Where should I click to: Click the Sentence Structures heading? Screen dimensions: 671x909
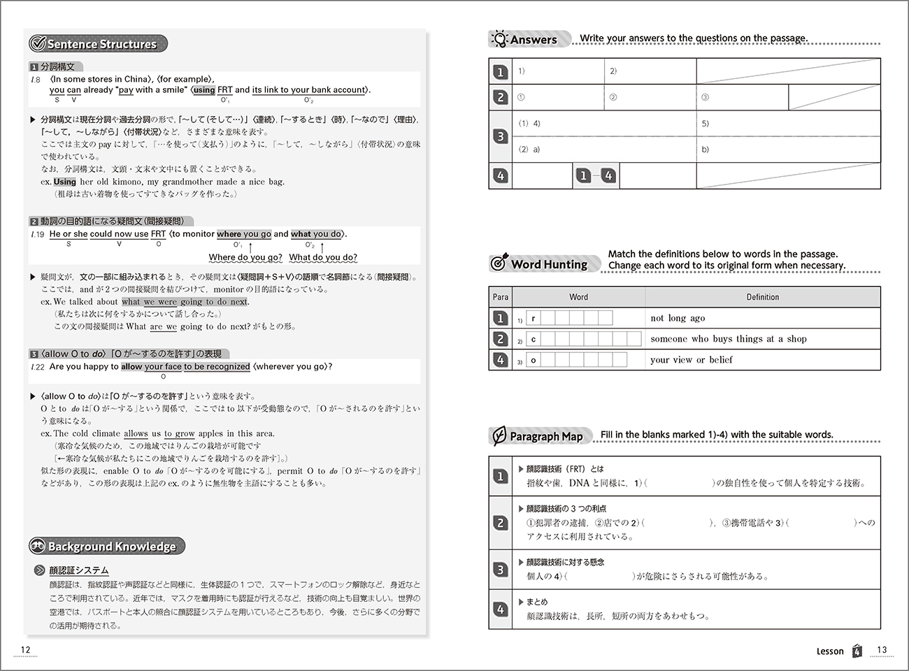tap(101, 44)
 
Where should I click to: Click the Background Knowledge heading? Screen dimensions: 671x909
tap(111, 547)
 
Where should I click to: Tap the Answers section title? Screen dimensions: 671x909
tap(533, 40)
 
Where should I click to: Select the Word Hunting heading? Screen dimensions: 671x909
tap(548, 264)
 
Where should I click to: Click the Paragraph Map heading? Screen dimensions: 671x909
tap(545, 436)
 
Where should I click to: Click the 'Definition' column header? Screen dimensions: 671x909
tap(762, 297)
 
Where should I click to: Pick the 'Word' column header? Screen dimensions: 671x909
tap(578, 297)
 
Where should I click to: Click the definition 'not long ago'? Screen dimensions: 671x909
tap(678, 318)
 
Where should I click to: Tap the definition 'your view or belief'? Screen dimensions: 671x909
tap(691, 360)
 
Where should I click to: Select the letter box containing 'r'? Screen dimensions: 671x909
tap(533, 319)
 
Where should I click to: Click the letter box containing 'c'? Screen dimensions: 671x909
tap(533, 340)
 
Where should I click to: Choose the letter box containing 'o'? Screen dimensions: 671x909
tap(533, 361)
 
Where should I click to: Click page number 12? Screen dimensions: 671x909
tap(26, 650)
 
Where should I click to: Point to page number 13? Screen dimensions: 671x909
tap(882, 650)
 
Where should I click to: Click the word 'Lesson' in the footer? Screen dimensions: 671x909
tap(830, 651)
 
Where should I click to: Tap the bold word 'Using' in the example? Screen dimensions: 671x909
tap(64, 182)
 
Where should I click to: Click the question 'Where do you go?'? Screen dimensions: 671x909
tap(245, 257)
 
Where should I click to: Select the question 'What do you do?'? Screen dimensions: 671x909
tap(323, 257)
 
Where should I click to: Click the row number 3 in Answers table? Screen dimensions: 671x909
tap(500, 137)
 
